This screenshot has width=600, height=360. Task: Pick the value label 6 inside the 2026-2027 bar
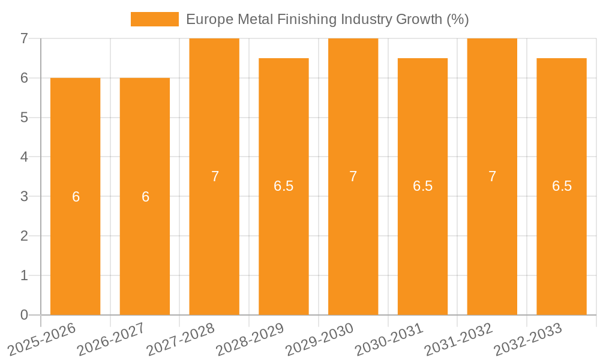[x=145, y=197]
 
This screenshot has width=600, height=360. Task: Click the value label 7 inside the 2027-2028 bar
[x=215, y=176]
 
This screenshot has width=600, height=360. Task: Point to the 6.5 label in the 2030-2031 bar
[x=422, y=186]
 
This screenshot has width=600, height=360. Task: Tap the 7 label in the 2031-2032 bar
[x=492, y=176]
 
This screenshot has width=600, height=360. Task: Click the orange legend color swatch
[x=155, y=19]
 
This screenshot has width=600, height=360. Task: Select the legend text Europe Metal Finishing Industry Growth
[x=327, y=19]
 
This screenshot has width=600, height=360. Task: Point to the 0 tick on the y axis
[x=24, y=315]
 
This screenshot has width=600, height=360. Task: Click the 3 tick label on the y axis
[x=24, y=196]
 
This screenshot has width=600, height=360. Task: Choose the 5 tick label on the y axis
[x=24, y=118]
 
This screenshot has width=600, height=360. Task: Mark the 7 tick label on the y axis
[x=24, y=38]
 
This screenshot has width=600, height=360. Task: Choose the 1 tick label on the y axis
[x=24, y=275]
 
